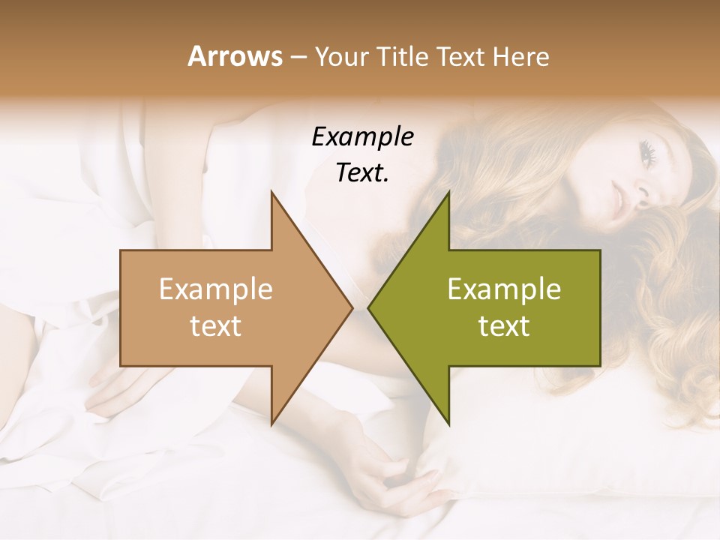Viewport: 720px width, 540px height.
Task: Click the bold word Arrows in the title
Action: tap(235, 56)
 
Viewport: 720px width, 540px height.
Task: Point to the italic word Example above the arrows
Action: tap(362, 137)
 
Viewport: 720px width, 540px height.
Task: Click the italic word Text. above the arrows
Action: tap(362, 172)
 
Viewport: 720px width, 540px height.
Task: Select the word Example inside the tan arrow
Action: tap(215, 289)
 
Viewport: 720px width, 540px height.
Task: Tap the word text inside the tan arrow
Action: tap(215, 325)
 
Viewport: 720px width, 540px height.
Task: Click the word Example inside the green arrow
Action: tap(504, 289)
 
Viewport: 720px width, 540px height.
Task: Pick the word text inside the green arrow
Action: tap(504, 325)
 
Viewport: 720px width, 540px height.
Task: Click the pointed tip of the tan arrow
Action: tap(352, 307)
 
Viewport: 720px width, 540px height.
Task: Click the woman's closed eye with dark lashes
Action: tap(649, 153)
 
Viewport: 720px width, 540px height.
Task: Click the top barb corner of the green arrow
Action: tap(448, 193)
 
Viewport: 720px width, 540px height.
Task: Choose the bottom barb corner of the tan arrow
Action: tap(271, 424)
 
